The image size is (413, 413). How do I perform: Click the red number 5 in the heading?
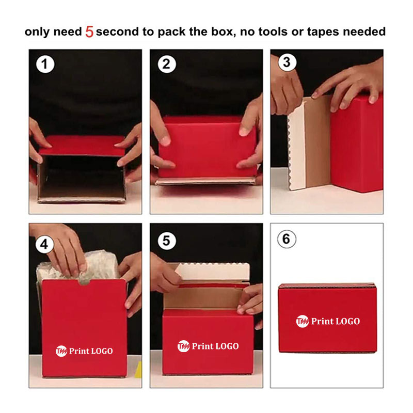pyautogui.click(x=89, y=32)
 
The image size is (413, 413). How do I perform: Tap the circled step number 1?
pyautogui.click(x=45, y=64)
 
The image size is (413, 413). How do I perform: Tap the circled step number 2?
pyautogui.click(x=167, y=64)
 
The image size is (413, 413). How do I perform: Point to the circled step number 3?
pyautogui.click(x=287, y=62)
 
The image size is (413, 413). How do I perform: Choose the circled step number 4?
pyautogui.click(x=45, y=244)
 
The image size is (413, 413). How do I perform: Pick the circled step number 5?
pyautogui.click(x=167, y=241)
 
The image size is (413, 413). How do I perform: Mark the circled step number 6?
pyautogui.click(x=287, y=239)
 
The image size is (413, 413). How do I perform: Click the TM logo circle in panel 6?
pyautogui.click(x=303, y=321)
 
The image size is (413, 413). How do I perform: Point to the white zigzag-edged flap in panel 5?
pyautogui.click(x=213, y=272)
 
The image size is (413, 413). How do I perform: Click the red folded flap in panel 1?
pyautogui.click(x=82, y=146)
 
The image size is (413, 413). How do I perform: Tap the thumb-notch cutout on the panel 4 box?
pyautogui.click(x=84, y=282)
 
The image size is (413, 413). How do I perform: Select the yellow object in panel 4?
pyautogui.click(x=138, y=370)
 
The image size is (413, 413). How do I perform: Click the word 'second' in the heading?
pyautogui.click(x=117, y=31)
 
